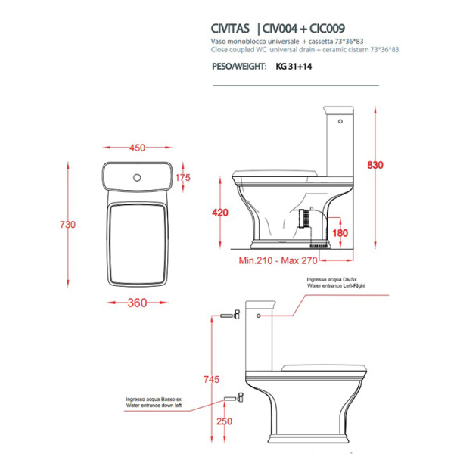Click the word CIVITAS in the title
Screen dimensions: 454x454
[232, 23]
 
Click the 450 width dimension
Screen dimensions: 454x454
[137, 148]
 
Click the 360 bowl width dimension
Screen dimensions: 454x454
[137, 303]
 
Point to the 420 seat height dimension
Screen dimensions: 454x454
[220, 213]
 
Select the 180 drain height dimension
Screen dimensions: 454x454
[340, 233]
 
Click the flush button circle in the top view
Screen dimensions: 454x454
[137, 178]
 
